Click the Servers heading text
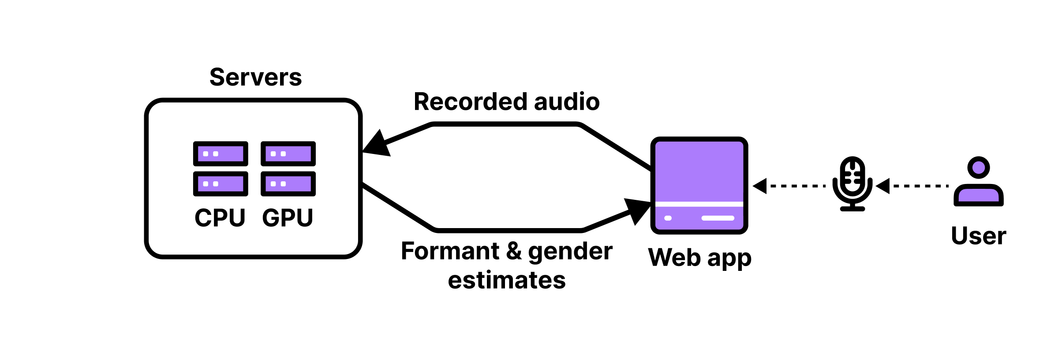click(x=255, y=78)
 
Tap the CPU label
click(x=220, y=218)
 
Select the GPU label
click(x=288, y=218)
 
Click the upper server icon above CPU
click(x=221, y=154)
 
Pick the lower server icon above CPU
click(x=221, y=184)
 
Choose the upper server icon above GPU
click(x=288, y=154)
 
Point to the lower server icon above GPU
click(x=288, y=184)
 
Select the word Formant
click(x=450, y=251)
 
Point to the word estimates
click(x=507, y=281)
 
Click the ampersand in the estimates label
click(x=514, y=251)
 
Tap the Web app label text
click(x=699, y=258)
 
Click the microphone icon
click(x=852, y=184)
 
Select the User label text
click(x=978, y=236)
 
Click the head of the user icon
click(x=978, y=168)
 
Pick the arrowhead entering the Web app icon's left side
click(x=638, y=210)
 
